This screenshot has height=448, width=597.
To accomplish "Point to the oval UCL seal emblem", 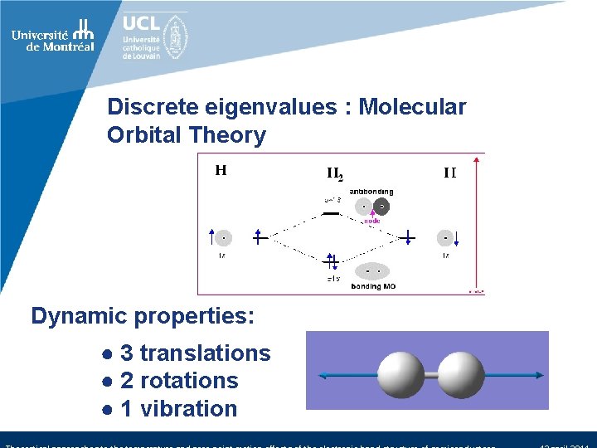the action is tap(176, 37).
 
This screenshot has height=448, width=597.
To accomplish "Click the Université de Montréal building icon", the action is tap(83, 30).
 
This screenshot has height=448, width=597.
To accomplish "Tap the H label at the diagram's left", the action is tap(221, 171).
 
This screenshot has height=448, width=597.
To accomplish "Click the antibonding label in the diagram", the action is tap(371, 192).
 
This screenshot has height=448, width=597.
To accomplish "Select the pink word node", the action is tap(371, 222).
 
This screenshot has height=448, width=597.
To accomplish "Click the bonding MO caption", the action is tap(372, 286).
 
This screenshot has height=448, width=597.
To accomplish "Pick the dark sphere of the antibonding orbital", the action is tap(381, 207).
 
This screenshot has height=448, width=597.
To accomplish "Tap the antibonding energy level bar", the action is tap(331, 212).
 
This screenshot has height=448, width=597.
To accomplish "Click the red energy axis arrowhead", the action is tap(478, 158).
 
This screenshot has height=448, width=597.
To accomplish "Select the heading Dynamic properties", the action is tap(143, 316).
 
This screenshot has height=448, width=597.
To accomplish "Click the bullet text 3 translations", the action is tap(195, 353).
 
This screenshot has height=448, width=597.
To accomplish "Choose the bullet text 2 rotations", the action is tap(178, 381).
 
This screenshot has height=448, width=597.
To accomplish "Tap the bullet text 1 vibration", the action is tap(178, 409).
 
